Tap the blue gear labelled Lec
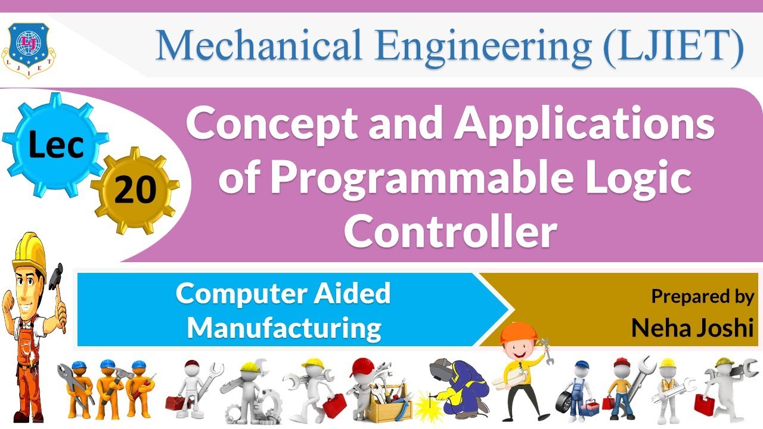pyautogui.click(x=55, y=145)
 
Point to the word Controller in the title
pyautogui.click(x=450, y=232)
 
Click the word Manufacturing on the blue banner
pyautogui.click(x=284, y=327)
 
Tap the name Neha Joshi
pyautogui.click(x=693, y=327)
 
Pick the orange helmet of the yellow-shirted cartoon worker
pyautogui.click(x=514, y=332)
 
